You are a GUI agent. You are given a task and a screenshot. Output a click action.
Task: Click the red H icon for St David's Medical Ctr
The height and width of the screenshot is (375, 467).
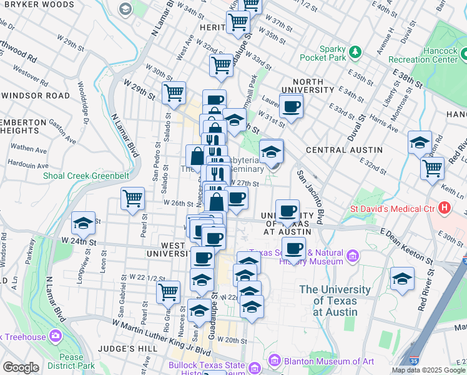445,207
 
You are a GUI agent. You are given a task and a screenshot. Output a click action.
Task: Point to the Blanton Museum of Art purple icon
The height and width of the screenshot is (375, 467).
273,361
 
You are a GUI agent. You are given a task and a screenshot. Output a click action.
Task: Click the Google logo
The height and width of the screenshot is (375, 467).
21,367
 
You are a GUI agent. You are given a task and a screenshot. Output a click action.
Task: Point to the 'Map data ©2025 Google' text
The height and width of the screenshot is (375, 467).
428,370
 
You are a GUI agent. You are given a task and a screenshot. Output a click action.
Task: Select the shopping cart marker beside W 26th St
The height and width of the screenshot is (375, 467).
133,200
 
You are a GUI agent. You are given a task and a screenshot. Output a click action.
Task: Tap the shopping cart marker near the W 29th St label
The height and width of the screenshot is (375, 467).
174,92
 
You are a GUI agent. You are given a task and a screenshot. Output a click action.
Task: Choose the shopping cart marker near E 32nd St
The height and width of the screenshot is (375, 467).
432,167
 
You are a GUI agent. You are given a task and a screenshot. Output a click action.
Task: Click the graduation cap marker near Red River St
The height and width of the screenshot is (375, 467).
403,279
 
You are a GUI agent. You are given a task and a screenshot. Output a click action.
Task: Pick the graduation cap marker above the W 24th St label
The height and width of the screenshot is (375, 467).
83,223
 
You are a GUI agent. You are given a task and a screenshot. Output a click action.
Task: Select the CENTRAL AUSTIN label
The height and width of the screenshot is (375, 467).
344,150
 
